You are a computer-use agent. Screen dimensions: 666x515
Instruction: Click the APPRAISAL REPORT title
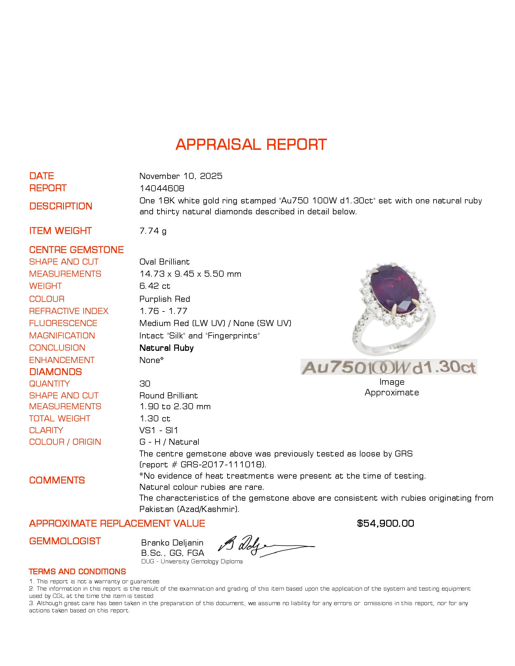pyautogui.click(x=251, y=144)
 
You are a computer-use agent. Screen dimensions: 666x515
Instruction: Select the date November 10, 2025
pyautogui.click(x=181, y=176)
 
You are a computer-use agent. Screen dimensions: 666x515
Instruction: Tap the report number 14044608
pyautogui.click(x=162, y=188)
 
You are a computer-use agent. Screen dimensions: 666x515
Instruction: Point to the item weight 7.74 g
pyautogui.click(x=153, y=231)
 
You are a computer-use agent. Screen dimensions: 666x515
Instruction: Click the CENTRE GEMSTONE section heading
pyautogui.click(x=76, y=250)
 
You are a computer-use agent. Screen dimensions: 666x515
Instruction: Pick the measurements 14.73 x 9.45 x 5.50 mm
pyautogui.click(x=190, y=274)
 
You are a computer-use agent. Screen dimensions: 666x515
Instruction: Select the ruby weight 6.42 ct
pyautogui.click(x=155, y=286)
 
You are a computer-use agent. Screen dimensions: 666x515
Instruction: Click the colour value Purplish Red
pyautogui.click(x=164, y=299)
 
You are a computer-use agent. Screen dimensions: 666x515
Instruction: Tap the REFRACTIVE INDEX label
pyautogui.click(x=69, y=311)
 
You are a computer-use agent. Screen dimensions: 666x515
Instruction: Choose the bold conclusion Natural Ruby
pyautogui.click(x=166, y=348)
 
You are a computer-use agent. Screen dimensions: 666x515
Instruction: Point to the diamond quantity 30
pyautogui.click(x=145, y=384)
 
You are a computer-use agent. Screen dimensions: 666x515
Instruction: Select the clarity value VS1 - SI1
pyautogui.click(x=159, y=430)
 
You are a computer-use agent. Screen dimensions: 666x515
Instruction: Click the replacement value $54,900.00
pyautogui.click(x=385, y=523)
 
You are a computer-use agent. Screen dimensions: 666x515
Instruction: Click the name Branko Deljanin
pyautogui.click(x=172, y=542)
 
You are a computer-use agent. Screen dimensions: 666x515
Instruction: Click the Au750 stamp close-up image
pyautogui.click(x=389, y=367)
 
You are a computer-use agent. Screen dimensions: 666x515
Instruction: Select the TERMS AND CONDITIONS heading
pyautogui.click(x=77, y=571)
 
